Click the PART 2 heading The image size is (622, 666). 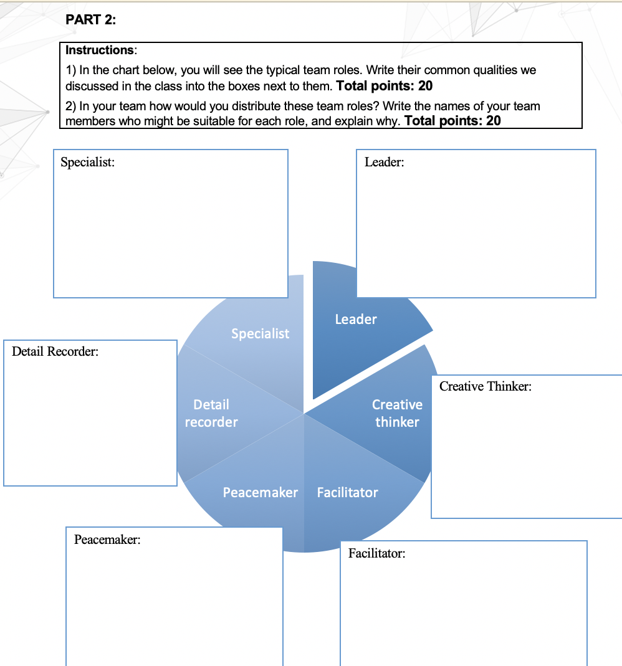(90, 20)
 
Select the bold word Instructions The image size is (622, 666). (100, 49)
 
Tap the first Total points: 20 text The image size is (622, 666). (384, 85)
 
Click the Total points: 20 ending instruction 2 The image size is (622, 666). (452, 120)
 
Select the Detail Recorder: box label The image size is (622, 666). (55, 351)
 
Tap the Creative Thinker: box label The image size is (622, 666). (486, 386)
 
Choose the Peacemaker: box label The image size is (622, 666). (107, 540)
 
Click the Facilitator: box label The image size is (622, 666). (376, 553)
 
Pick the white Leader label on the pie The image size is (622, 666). (356, 319)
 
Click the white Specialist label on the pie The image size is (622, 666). (260, 333)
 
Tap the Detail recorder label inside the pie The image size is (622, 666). (211, 413)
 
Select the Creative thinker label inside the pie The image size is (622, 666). (397, 413)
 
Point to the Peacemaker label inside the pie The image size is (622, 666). (261, 492)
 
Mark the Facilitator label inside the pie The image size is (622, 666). (347, 492)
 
